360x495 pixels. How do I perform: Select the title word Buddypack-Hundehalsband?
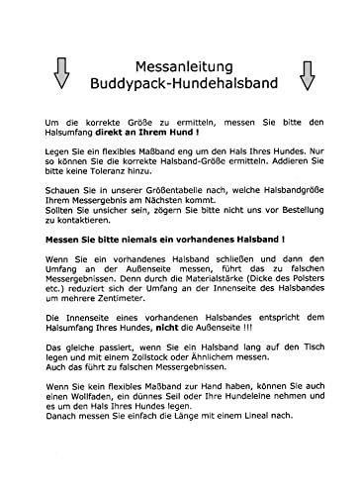181,82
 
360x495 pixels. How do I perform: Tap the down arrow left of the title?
60,72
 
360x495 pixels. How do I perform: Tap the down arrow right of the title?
306,72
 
